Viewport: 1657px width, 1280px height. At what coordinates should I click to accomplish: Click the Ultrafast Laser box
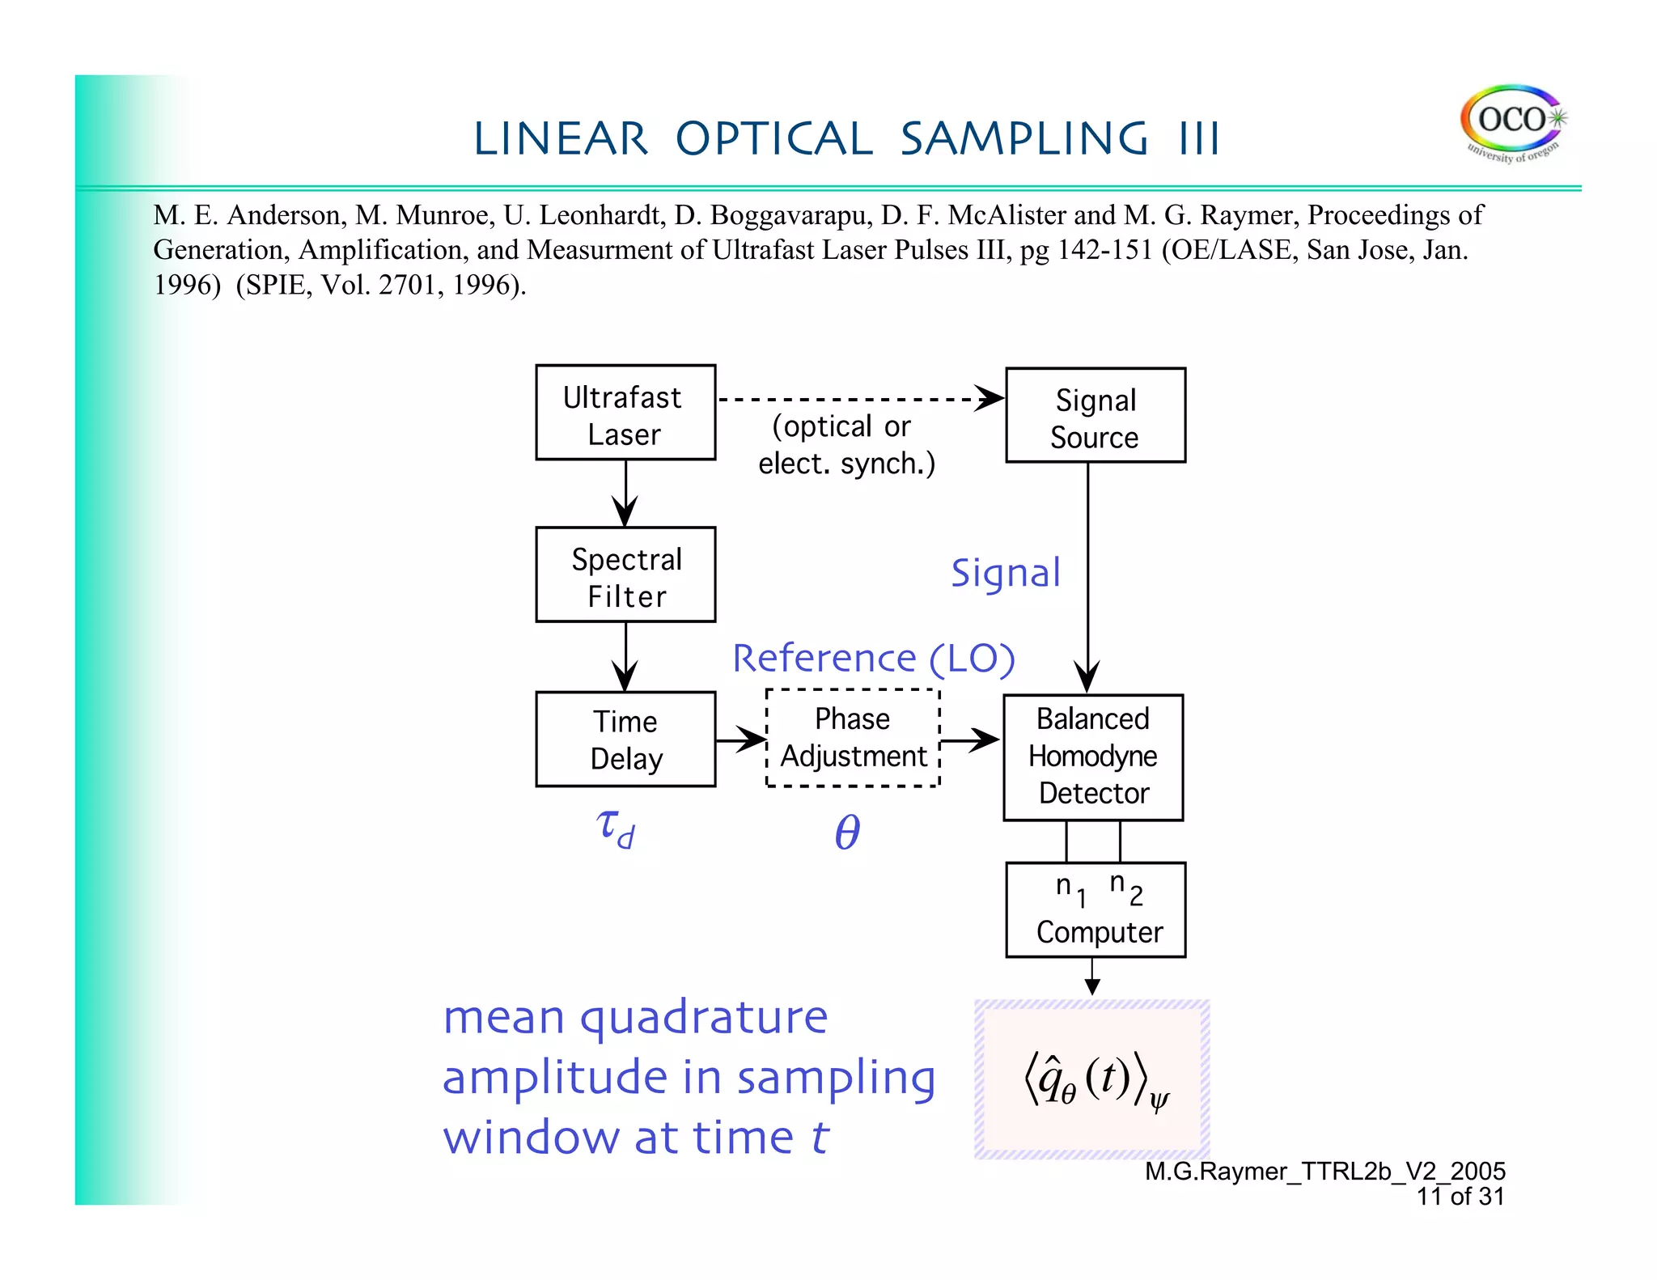click(x=625, y=413)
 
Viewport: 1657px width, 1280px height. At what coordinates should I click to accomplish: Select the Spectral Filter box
click(x=625, y=574)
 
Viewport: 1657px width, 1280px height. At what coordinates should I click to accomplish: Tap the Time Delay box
click(x=625, y=739)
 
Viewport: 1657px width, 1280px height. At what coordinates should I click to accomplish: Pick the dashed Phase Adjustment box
click(x=853, y=738)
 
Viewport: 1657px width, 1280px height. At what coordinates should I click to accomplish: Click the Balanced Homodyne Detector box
click(x=1093, y=757)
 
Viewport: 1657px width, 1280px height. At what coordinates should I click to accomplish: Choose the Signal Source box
click(x=1095, y=416)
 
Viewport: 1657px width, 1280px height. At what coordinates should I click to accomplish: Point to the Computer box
click(x=1095, y=910)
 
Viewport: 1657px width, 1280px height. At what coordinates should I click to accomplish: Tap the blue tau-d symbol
click(x=616, y=829)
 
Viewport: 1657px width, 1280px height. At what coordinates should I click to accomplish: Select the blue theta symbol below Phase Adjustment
click(x=847, y=832)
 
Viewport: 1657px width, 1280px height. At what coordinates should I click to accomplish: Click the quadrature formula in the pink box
click(x=1093, y=1080)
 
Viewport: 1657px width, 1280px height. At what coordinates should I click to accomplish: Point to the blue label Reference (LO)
click(x=873, y=658)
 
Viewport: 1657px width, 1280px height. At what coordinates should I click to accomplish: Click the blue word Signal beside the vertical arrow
click(x=1005, y=573)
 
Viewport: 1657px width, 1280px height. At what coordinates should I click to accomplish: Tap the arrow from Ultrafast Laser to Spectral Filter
click(x=625, y=494)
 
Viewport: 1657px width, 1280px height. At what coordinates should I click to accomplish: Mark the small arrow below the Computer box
click(x=1092, y=977)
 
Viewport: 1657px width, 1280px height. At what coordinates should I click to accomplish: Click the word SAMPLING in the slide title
click(x=1023, y=139)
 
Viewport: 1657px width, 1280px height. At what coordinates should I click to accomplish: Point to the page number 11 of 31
click(x=1460, y=1196)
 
